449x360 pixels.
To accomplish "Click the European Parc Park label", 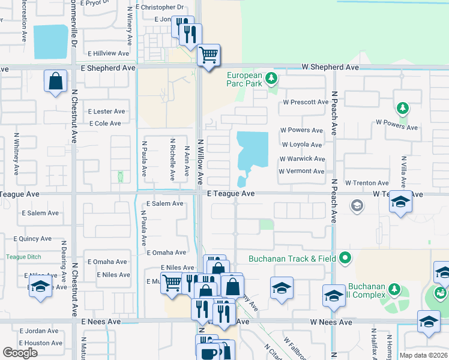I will (244, 79).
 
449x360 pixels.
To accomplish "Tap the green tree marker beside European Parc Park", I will (271, 78).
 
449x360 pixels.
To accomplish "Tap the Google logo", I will (20, 353).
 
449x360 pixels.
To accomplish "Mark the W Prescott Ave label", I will (306, 102).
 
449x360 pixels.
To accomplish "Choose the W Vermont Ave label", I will (301, 171).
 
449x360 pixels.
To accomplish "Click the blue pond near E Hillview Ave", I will (50, 41).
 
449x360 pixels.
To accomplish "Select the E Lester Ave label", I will (106, 111).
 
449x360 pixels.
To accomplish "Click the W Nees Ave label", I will (331, 322).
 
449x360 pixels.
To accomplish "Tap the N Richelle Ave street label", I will (172, 161).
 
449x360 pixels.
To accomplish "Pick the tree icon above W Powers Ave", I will (402, 108).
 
